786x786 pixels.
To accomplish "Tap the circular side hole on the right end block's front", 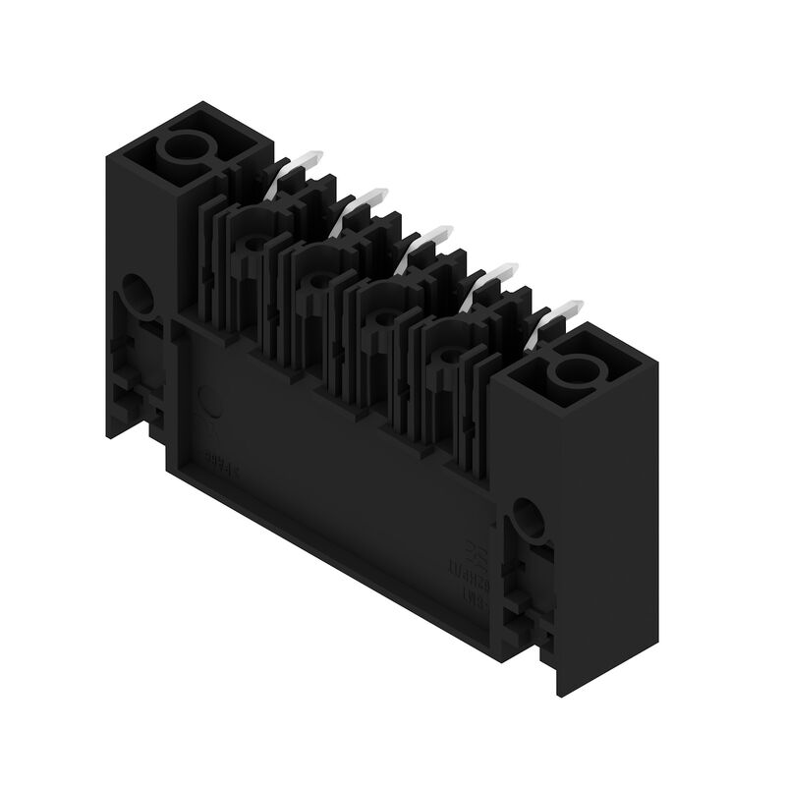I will pos(527,517).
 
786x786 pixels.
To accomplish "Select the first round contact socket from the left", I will pos(254,241).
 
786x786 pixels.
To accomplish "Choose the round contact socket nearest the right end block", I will pos(447,356).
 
